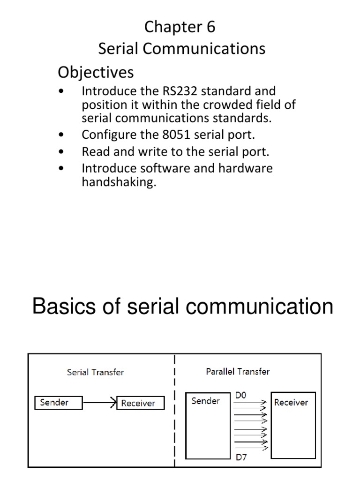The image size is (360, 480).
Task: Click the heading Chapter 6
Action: coord(180,27)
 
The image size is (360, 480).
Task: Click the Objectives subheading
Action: coord(95,72)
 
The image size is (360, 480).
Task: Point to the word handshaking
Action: coord(118,182)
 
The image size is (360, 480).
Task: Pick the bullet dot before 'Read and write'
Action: coord(62,152)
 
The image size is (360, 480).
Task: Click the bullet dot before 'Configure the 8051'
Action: coord(62,135)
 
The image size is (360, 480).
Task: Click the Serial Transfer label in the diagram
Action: coord(95,373)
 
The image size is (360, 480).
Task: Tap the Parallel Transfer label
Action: coord(238,372)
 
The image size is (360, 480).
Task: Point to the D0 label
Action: coord(240,396)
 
